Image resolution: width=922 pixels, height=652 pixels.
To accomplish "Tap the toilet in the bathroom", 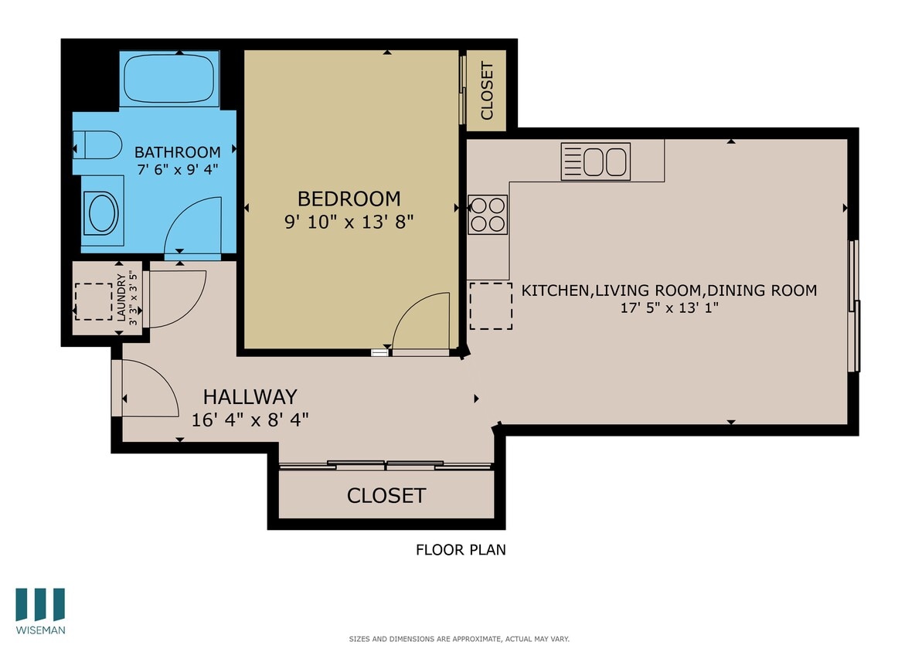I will coord(100,144).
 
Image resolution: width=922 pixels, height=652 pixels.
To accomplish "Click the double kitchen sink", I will coord(596,161).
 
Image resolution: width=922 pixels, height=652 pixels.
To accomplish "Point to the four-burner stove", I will coord(488,214).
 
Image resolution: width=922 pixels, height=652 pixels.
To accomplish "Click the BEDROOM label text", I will coord(349,199).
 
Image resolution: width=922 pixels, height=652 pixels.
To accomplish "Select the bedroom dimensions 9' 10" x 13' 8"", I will coord(349,222).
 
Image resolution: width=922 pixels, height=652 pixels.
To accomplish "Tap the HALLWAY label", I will coord(250,396).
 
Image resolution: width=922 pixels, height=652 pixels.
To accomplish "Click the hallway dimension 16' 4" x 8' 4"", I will coord(250,419).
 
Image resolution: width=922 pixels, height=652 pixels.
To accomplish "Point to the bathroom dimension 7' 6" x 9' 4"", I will coord(177,170).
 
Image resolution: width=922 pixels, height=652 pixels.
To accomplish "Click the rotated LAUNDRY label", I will coord(121,298).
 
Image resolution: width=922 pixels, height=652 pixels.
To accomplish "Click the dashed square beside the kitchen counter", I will coord(491,306).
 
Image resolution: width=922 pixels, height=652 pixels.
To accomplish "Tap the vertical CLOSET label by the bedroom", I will coord(487,90).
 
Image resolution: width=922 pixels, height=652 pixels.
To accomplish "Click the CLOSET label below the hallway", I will coord(386,495).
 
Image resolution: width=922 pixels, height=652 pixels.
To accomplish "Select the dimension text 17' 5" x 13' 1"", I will coord(669,307).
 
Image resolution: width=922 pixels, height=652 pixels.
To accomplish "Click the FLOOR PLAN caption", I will coord(461,550).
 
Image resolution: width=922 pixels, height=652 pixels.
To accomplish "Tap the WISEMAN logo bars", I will coord(40,605).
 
